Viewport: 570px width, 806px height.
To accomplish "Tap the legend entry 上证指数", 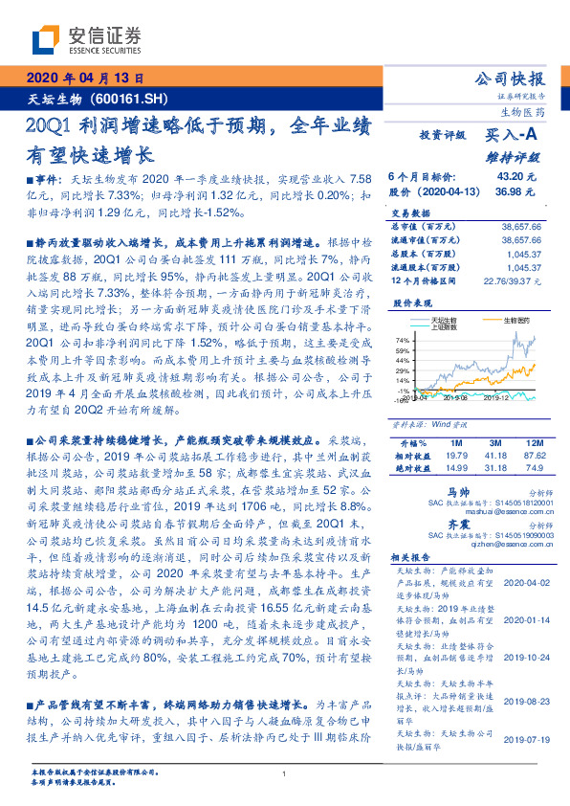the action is click(444, 326).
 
